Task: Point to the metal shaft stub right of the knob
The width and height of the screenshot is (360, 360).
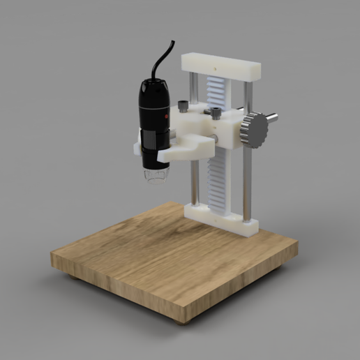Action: coord(271,118)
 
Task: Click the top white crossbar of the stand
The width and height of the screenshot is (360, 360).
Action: coord(221,66)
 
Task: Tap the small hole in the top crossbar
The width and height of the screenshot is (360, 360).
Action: coord(218,68)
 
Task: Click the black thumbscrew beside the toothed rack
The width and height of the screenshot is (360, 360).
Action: coord(216,112)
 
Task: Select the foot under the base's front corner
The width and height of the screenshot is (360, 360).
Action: coord(183,322)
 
